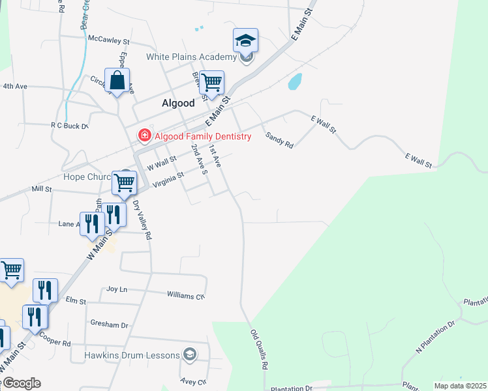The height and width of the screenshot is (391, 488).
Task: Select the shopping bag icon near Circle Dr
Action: [x=117, y=81]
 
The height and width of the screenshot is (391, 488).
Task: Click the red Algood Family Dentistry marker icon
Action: [x=143, y=136]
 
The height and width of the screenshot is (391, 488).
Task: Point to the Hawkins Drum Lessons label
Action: [x=132, y=355]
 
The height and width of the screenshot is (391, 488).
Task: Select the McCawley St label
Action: [x=109, y=40]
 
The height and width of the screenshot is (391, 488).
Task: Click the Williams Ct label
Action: [x=186, y=295]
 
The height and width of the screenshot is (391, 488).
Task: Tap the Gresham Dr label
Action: [x=110, y=325]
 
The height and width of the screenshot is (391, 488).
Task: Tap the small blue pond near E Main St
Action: [x=295, y=81]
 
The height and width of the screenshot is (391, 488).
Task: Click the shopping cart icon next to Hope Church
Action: [x=124, y=182]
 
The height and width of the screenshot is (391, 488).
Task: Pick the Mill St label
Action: [x=41, y=188]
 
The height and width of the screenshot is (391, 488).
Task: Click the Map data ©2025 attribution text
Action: [x=460, y=386]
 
